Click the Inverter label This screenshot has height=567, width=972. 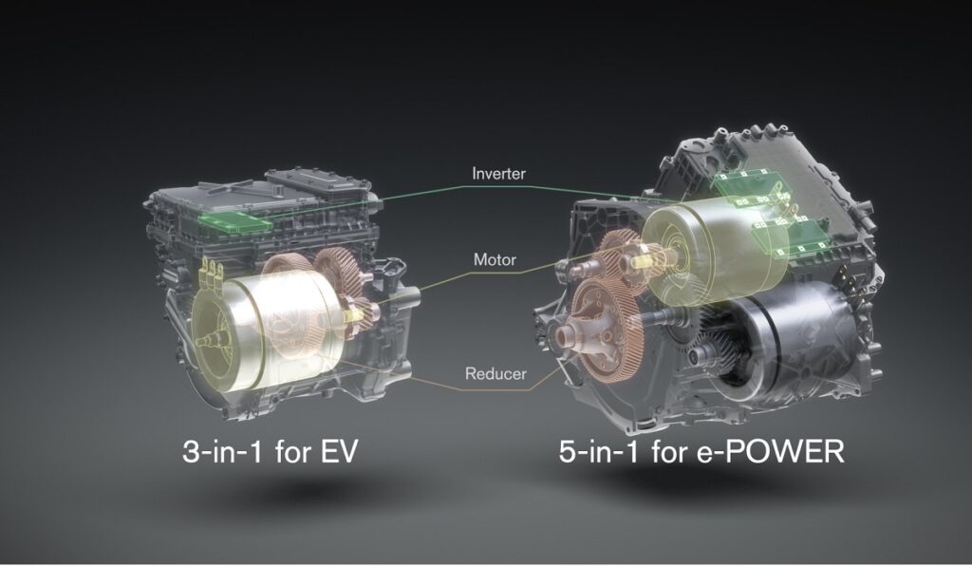coord(498,173)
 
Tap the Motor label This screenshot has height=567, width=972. coord(495,259)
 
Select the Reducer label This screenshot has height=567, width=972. coord(495,373)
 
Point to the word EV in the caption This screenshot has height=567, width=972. coord(339,451)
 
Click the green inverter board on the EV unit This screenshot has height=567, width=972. coord(234,221)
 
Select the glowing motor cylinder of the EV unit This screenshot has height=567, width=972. coord(267,327)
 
